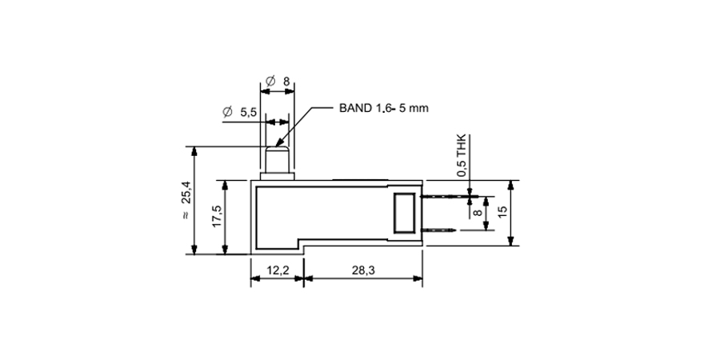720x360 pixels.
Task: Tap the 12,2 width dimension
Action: pos(278,270)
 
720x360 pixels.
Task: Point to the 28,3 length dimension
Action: pos(362,270)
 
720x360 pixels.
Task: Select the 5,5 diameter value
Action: pos(248,114)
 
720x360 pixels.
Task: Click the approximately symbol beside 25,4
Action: pos(186,217)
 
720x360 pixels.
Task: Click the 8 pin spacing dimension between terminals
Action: pos(477,214)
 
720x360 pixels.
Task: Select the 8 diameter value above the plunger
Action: pos(286,82)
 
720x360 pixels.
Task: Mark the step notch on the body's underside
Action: pos(302,244)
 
